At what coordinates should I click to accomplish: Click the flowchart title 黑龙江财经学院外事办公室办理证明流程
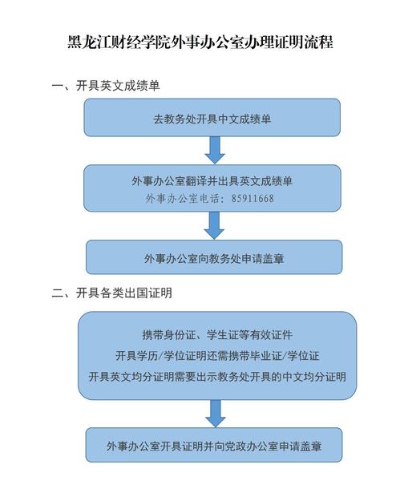point(200,42)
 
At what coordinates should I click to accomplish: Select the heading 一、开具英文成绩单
point(106,86)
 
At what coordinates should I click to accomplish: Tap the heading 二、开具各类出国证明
point(112,293)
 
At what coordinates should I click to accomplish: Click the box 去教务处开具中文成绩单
point(212,118)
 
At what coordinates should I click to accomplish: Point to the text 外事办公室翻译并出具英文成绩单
point(212,181)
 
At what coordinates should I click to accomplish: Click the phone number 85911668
point(253,199)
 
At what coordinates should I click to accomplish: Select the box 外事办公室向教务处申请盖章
point(214,257)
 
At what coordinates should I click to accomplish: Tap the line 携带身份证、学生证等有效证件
point(217,335)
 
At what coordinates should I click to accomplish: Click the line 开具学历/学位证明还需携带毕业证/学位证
point(217,356)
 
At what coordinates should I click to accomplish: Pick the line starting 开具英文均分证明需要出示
point(217,377)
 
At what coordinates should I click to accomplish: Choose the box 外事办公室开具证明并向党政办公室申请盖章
point(214,445)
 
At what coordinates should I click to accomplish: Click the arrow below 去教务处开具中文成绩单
point(215,150)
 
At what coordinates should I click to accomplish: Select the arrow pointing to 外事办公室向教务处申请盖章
point(214,225)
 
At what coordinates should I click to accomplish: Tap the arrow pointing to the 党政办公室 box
point(216,414)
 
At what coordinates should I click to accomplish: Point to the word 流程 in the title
point(319,42)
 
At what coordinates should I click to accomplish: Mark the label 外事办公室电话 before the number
point(182,199)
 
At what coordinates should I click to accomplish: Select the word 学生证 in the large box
point(223,335)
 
